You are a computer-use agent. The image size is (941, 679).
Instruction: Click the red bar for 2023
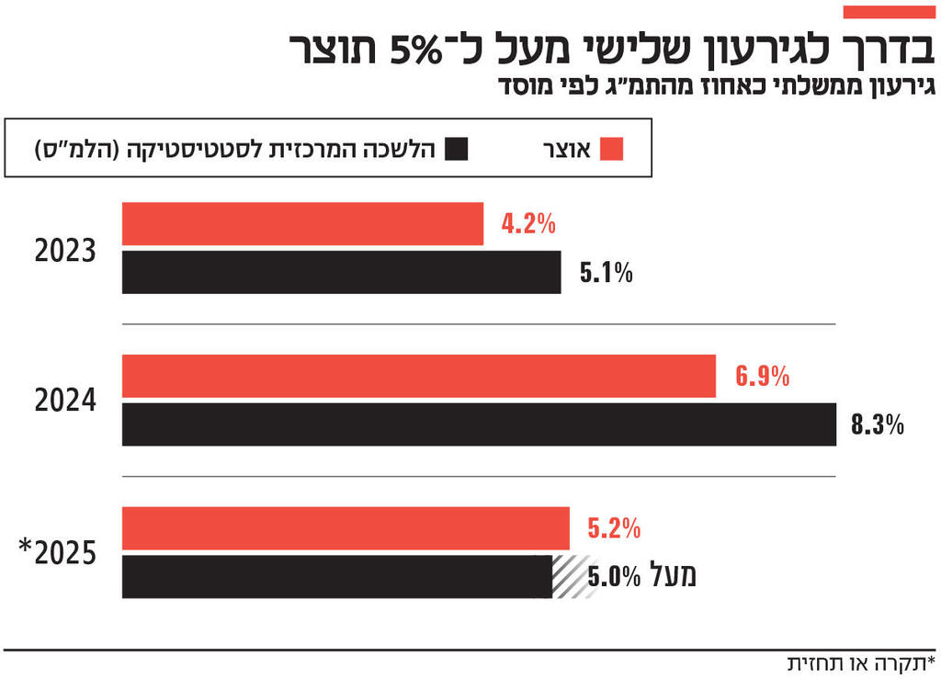click(x=302, y=224)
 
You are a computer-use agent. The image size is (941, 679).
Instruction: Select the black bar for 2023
click(x=341, y=272)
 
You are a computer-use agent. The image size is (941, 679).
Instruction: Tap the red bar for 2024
click(x=419, y=376)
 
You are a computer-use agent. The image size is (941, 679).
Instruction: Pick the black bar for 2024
click(x=479, y=424)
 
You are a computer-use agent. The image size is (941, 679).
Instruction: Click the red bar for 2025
click(x=346, y=528)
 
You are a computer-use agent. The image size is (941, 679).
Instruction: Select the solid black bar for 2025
click(x=336, y=577)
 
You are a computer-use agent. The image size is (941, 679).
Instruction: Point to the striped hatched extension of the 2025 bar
click(x=574, y=577)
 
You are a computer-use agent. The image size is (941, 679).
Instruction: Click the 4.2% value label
click(x=528, y=223)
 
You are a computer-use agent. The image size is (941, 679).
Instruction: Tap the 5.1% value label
click(x=606, y=273)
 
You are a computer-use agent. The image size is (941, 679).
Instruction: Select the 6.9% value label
click(x=762, y=376)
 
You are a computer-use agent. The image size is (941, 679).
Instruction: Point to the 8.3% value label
click(x=878, y=425)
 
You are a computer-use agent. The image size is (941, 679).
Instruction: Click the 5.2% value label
click(x=614, y=528)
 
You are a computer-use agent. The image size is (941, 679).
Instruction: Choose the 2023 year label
click(x=65, y=250)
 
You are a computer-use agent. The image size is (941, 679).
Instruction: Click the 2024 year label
click(x=65, y=402)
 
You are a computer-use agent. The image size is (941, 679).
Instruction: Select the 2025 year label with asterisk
click(x=59, y=553)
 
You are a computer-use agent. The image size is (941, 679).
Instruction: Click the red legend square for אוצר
click(x=610, y=149)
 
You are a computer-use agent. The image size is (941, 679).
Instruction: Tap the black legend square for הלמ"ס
click(x=456, y=149)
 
